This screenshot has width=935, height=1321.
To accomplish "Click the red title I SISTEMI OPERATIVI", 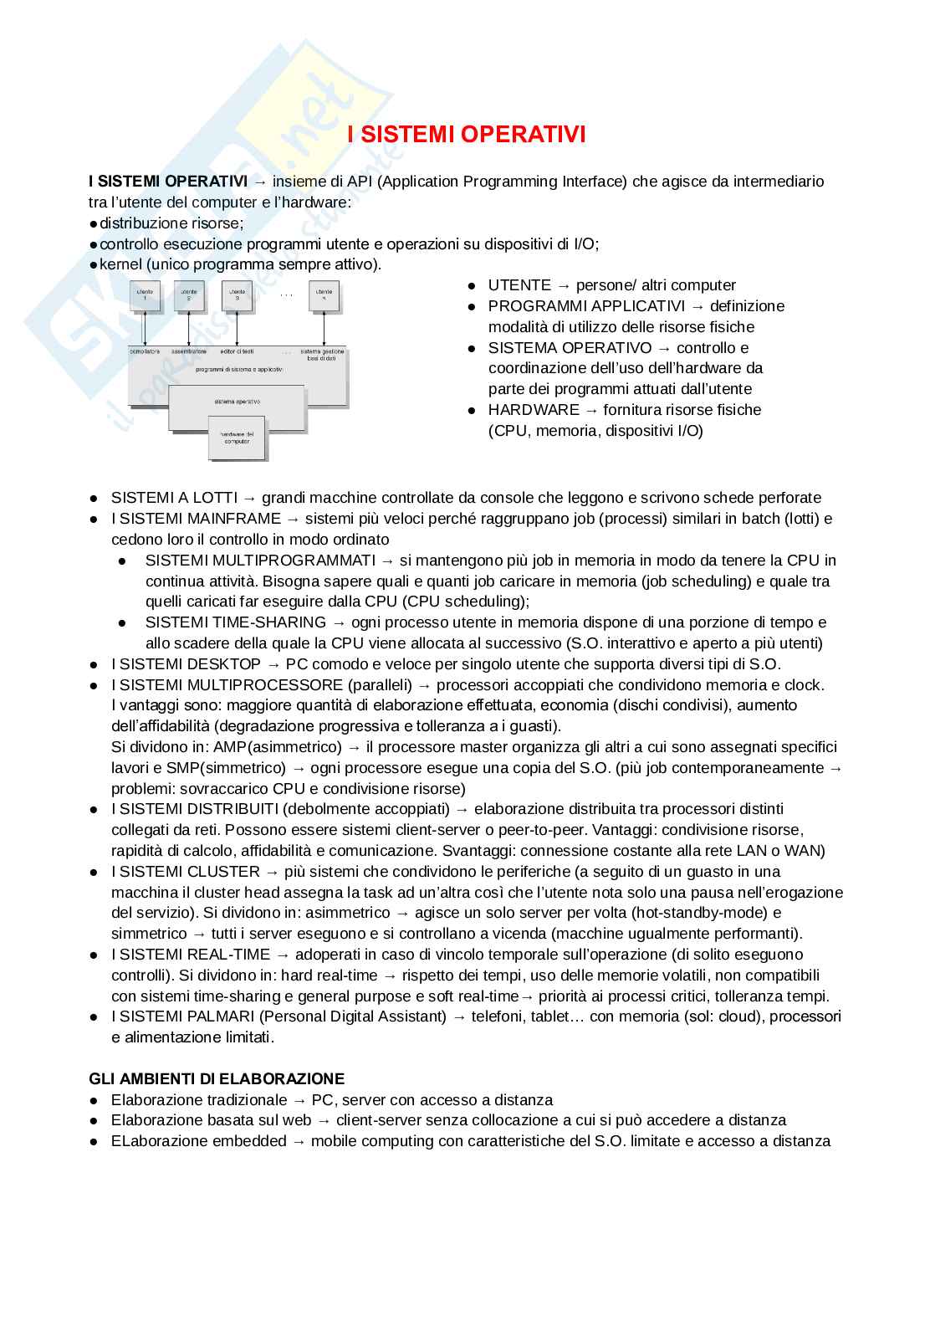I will click(x=467, y=135).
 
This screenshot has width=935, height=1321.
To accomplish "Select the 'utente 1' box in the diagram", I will click(x=145, y=295).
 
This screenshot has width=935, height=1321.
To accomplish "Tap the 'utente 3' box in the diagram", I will click(x=237, y=295).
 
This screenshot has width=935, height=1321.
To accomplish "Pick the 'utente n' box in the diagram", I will click(x=324, y=295).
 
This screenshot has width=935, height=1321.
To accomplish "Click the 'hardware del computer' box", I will click(x=237, y=438).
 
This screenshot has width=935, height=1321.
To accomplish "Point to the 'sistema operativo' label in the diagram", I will click(x=237, y=402).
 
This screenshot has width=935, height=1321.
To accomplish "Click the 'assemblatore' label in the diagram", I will click(x=189, y=351).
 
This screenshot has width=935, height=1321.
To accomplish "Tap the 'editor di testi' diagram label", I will click(x=237, y=351).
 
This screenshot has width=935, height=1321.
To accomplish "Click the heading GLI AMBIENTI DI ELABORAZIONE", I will click(x=217, y=1078).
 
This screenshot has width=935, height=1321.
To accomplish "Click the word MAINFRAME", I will click(x=234, y=519).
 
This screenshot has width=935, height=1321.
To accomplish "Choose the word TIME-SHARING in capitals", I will click(x=269, y=622).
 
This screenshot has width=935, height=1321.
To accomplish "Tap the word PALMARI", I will click(x=223, y=1016).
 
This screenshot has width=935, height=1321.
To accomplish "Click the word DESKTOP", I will click(x=224, y=664).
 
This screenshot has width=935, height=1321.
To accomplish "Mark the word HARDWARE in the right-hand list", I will click(x=534, y=410).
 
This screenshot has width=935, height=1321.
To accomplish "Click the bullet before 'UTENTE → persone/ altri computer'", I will click(x=472, y=286).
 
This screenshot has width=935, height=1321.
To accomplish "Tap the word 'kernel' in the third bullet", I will click(x=120, y=264).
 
